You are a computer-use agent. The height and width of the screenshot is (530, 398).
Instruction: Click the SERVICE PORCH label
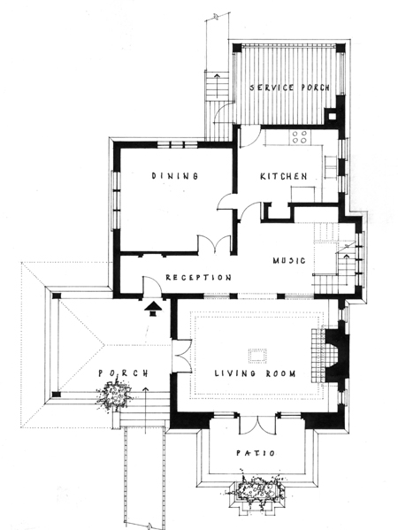tap(289, 88)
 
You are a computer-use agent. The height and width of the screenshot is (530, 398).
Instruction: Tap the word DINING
tap(174, 176)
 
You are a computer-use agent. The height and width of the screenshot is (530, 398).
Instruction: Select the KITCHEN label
tap(284, 176)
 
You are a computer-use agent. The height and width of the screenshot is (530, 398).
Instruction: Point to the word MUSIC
tap(289, 260)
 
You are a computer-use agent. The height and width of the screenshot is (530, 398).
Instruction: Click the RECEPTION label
tap(199, 278)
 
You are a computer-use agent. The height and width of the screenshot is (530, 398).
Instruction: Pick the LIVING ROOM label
tap(255, 373)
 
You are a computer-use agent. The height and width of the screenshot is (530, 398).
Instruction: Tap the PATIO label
tap(256, 453)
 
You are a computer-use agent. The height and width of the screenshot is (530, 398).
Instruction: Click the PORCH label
tap(123, 373)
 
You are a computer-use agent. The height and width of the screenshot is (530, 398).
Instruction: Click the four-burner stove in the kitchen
tap(300, 137)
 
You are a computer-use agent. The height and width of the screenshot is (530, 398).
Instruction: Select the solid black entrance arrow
tap(153, 310)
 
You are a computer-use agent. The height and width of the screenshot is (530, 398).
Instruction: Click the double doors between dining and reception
tap(215, 244)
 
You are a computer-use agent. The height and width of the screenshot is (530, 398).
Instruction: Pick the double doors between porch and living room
tap(182, 356)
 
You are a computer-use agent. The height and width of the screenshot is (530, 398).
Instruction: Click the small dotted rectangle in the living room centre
tap(257, 356)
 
